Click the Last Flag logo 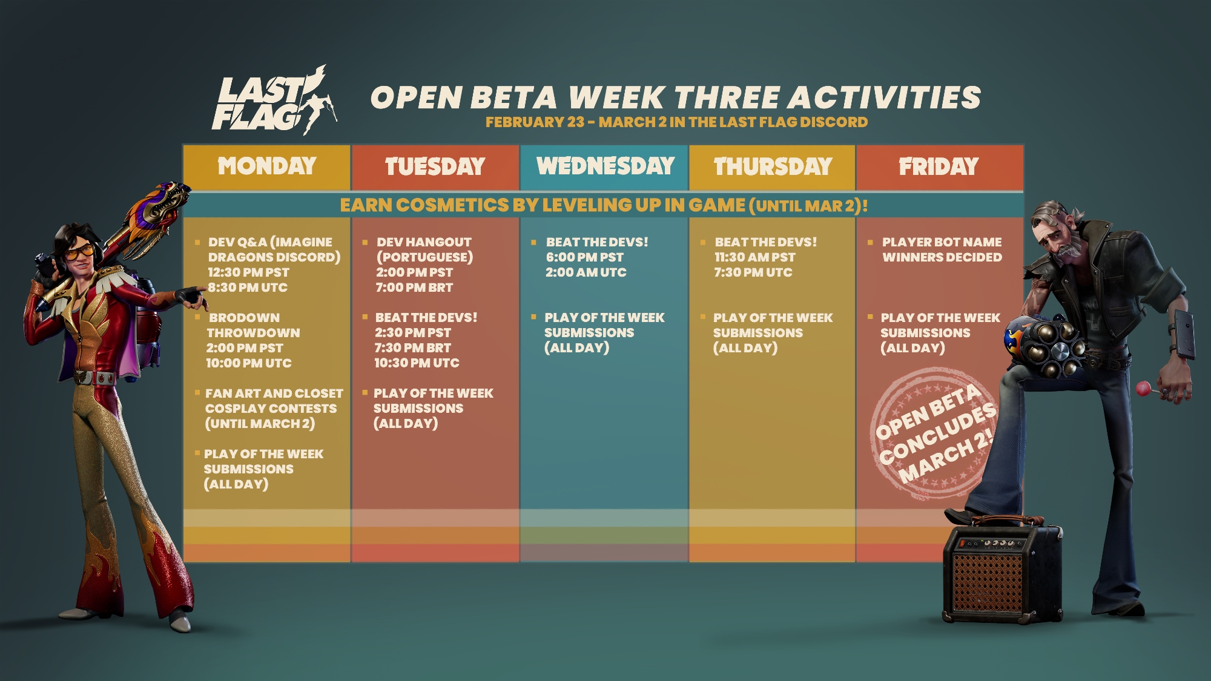click(274, 100)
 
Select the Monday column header click(267, 166)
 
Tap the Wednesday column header click(605, 166)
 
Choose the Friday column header click(939, 166)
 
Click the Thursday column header click(773, 166)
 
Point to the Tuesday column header click(435, 166)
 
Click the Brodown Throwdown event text click(253, 325)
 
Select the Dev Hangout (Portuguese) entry click(424, 249)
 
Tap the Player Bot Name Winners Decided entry click(942, 249)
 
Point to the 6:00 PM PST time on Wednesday click(584, 257)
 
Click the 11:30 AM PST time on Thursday click(754, 257)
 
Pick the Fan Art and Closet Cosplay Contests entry click(274, 409)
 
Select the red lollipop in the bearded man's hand click(1143, 389)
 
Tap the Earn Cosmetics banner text click(604, 205)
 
